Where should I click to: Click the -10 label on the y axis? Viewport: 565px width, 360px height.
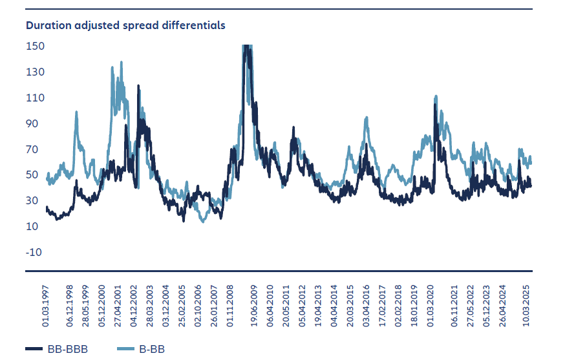35,252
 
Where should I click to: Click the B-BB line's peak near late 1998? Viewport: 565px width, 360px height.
76,112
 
